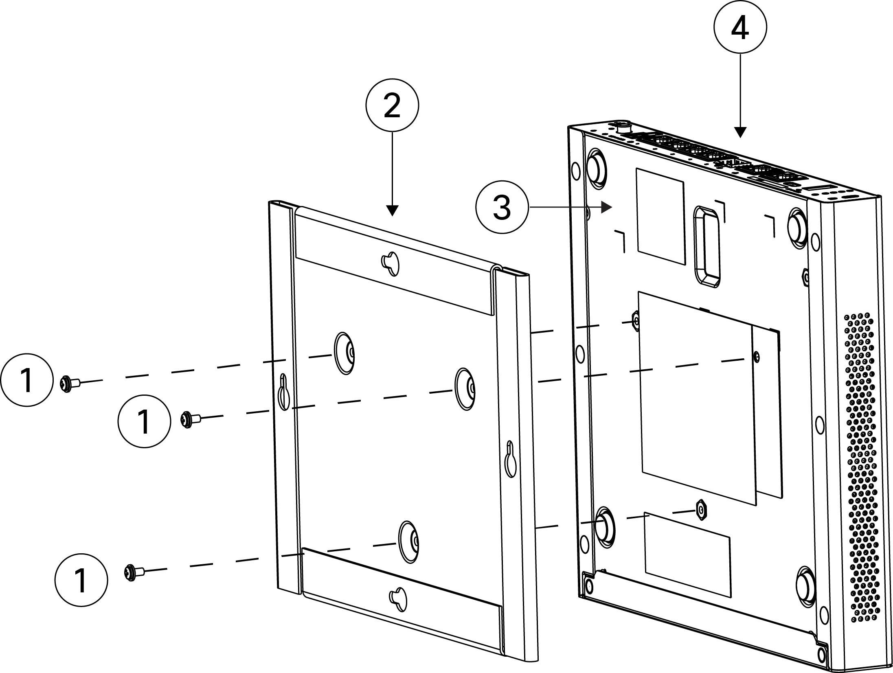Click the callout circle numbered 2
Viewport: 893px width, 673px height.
click(392, 105)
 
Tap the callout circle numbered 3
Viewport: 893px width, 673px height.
click(502, 207)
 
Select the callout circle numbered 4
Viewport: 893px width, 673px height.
click(740, 27)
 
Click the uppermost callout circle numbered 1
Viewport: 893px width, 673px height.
click(27, 379)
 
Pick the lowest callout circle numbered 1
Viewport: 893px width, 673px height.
click(81, 580)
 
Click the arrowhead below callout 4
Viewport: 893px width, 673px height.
click(740, 132)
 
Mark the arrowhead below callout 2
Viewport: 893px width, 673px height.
click(392, 210)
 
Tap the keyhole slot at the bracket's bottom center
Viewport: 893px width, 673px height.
click(398, 598)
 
